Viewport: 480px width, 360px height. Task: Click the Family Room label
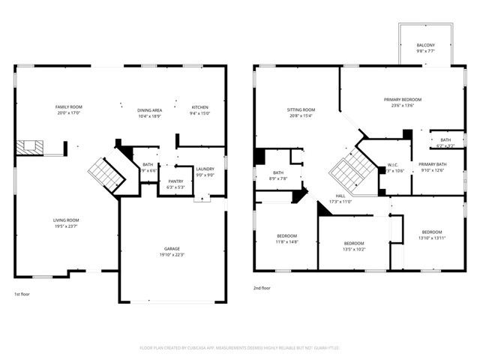pos(67,107)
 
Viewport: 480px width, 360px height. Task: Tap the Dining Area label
pos(149,109)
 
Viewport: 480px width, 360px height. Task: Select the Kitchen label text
pos(200,107)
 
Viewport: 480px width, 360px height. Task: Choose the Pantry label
pos(175,181)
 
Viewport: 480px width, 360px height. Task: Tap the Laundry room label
pos(205,169)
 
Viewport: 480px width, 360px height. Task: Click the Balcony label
pos(424,46)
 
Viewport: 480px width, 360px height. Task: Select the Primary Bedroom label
pos(403,100)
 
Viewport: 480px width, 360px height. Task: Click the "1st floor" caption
pos(22,295)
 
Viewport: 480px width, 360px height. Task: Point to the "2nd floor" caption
pos(262,288)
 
